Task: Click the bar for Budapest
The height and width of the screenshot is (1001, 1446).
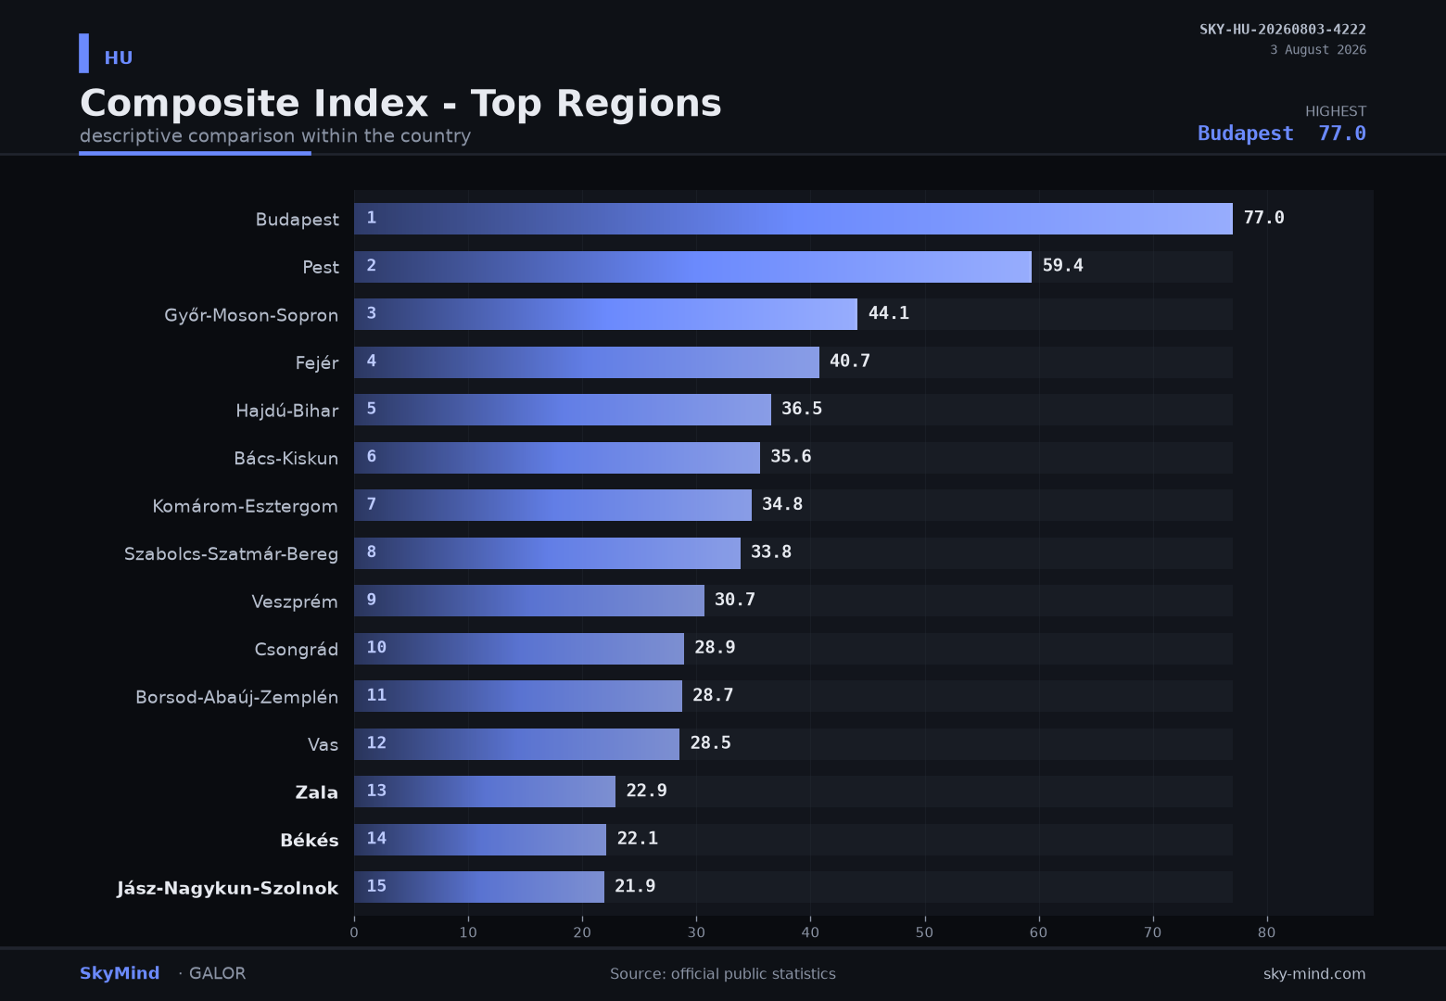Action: (793, 219)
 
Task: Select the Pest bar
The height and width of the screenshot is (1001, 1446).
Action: (692, 267)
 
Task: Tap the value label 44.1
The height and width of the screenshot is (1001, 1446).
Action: (888, 313)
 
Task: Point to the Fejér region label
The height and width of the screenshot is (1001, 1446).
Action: (316, 362)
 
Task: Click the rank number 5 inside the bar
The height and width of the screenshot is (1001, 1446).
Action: (371, 409)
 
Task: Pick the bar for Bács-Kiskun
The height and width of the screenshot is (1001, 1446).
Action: (556, 458)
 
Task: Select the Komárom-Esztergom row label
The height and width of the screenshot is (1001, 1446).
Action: (245, 506)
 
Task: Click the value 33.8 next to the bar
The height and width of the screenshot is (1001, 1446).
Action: (771, 552)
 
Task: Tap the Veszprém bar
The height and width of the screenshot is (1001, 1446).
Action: (528, 601)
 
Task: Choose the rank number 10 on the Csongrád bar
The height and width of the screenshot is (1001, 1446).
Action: (376, 647)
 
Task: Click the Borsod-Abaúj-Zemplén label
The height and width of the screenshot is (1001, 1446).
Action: (236, 697)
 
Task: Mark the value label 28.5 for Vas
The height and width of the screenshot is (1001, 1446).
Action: (710, 743)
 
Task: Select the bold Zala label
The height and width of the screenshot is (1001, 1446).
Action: (316, 792)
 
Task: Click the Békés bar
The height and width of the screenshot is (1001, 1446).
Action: (479, 840)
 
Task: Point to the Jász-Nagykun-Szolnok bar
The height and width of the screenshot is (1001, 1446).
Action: (479, 887)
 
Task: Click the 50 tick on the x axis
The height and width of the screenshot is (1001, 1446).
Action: (924, 932)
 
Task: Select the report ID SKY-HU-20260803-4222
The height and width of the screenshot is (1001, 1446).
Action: (1283, 30)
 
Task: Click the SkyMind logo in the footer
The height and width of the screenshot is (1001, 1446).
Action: (120, 973)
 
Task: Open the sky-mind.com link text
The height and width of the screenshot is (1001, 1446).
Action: (1314, 974)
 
